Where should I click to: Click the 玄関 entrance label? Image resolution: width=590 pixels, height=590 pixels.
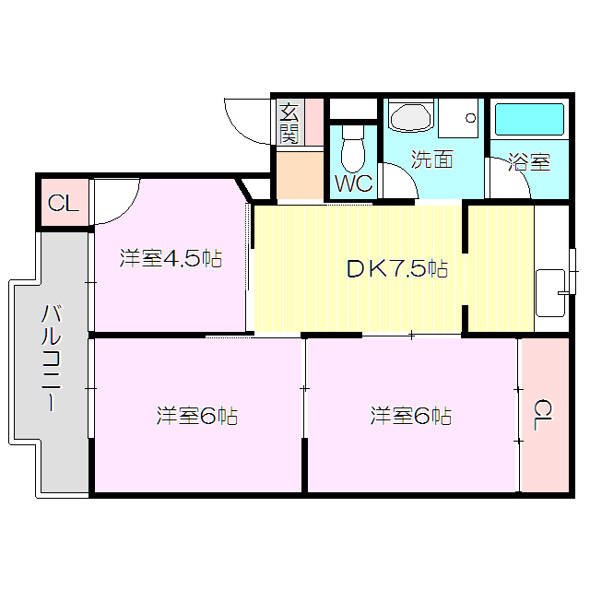pyautogui.click(x=289, y=124)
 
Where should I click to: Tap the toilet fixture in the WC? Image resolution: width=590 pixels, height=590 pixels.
pyautogui.click(x=353, y=148)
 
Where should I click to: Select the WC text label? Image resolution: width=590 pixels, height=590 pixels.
pyautogui.click(x=353, y=183)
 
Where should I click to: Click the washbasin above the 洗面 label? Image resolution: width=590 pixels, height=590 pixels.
pyautogui.click(x=409, y=118)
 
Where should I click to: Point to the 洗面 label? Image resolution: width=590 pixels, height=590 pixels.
pyautogui.click(x=431, y=159)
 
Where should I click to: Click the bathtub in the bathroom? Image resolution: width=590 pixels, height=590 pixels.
pyautogui.click(x=529, y=120)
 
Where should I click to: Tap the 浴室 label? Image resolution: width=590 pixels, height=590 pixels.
pyautogui.click(x=529, y=163)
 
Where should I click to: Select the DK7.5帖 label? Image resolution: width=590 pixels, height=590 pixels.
pyautogui.click(x=396, y=269)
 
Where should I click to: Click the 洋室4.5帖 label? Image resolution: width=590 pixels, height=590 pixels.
pyautogui.click(x=171, y=258)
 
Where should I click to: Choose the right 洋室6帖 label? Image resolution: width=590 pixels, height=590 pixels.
pyautogui.click(x=410, y=416)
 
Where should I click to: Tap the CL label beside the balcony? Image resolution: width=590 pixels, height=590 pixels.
pyautogui.click(x=63, y=204)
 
